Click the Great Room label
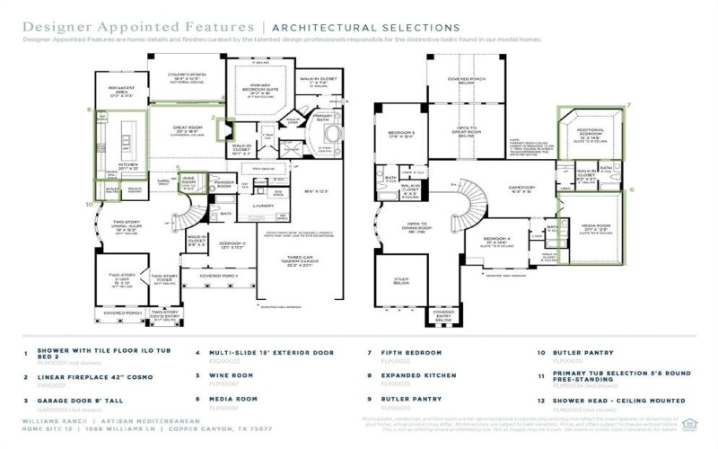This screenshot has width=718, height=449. (185, 128)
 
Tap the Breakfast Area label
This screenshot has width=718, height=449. (121, 89)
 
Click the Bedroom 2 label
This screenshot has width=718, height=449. (232, 243)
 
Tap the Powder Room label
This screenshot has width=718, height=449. (224, 185)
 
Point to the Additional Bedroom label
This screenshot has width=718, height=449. (590, 136)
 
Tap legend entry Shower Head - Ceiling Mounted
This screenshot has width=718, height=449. (615, 400)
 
